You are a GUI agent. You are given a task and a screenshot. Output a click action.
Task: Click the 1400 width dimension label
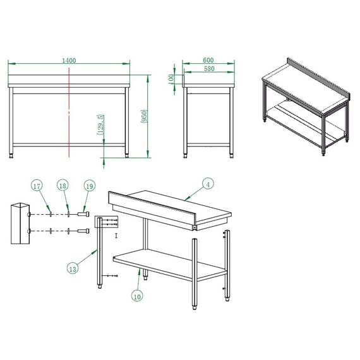[69, 60]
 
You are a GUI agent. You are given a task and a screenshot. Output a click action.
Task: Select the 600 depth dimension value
[208, 60]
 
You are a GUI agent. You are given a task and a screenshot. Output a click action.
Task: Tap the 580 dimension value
[208, 68]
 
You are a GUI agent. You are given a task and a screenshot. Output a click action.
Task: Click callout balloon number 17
[37, 186]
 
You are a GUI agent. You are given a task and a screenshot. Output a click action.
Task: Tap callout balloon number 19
[89, 186]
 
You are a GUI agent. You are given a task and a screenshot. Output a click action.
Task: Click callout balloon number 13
[73, 268]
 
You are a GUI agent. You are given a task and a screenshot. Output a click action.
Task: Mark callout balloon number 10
[138, 294]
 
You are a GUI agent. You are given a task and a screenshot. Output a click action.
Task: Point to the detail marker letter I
[116, 236]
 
